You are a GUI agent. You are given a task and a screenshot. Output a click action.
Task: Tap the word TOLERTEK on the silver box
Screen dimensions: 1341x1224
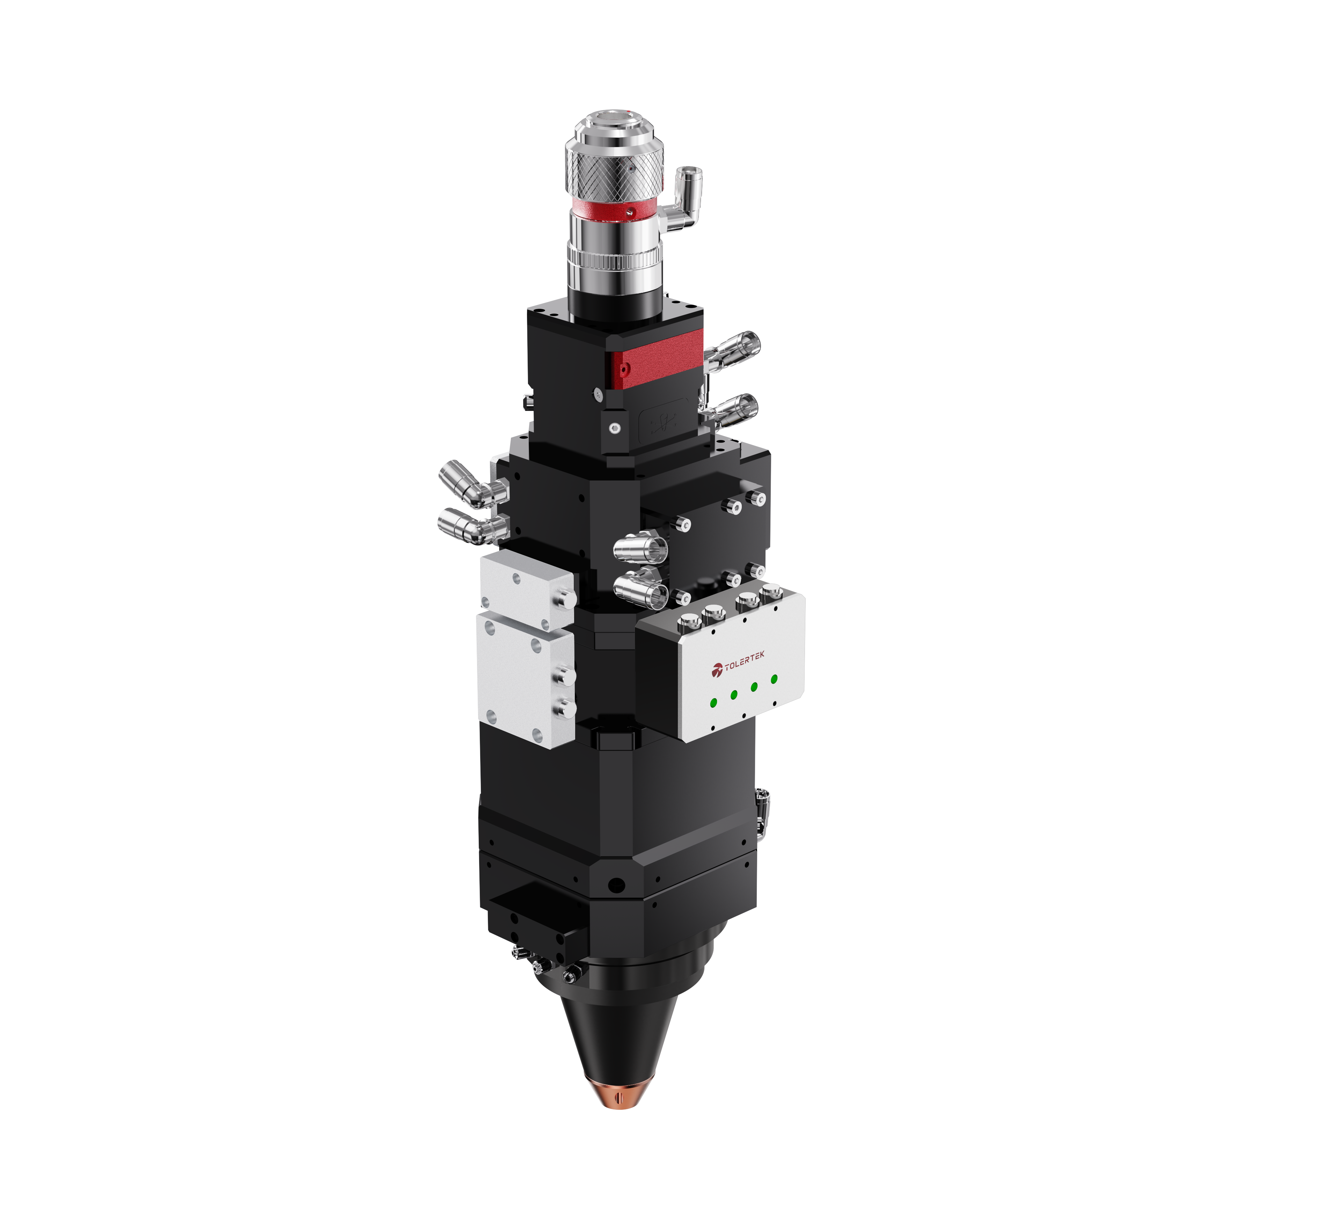(x=744, y=661)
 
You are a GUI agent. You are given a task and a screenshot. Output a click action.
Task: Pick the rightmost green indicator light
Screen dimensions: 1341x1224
(x=774, y=679)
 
